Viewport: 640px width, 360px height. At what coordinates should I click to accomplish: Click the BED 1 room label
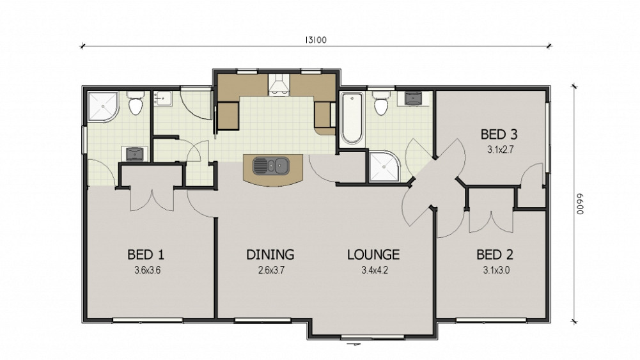(146, 254)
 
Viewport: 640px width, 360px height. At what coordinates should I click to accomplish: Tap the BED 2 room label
(495, 254)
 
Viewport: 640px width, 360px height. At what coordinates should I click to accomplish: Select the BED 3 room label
(499, 134)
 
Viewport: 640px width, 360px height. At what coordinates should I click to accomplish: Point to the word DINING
(270, 254)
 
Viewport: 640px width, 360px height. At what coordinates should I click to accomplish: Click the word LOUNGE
(373, 254)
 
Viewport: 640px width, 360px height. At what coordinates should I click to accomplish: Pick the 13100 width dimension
(315, 40)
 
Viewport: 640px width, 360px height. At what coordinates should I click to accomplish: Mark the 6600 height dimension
(581, 204)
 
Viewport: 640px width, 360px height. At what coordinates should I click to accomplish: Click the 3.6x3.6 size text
(147, 270)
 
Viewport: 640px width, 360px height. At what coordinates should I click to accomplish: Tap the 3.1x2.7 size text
(500, 150)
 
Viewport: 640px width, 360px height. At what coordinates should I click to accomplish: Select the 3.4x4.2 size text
(374, 270)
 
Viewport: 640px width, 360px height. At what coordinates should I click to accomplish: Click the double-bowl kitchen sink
(271, 166)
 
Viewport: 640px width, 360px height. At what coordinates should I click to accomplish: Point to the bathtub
(352, 118)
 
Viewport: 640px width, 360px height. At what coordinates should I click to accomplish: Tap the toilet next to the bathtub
(381, 103)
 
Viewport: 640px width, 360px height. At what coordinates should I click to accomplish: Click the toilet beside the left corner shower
(135, 103)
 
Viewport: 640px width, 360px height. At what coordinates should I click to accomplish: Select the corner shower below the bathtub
(384, 166)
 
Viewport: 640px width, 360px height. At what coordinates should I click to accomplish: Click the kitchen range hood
(279, 85)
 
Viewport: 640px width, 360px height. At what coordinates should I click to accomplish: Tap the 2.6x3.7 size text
(271, 270)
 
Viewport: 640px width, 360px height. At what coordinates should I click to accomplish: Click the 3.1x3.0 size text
(496, 270)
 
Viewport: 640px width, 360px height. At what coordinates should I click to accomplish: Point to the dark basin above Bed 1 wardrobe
(134, 154)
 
